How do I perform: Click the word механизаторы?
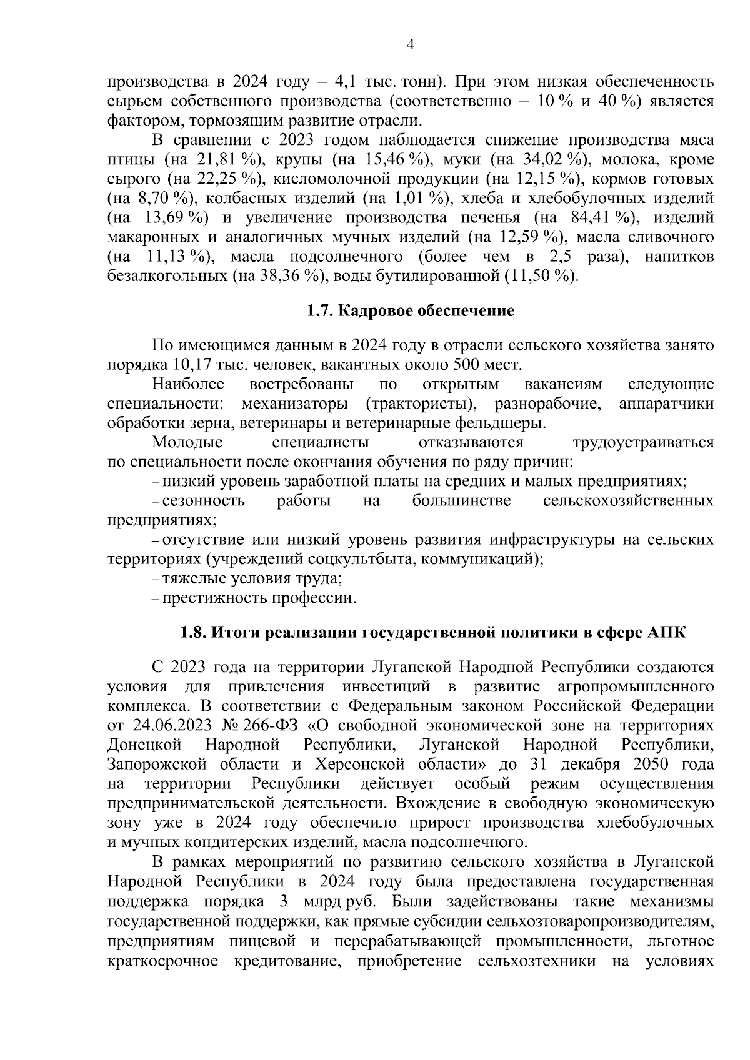coord(298,404)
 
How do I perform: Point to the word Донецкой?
coord(144,745)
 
